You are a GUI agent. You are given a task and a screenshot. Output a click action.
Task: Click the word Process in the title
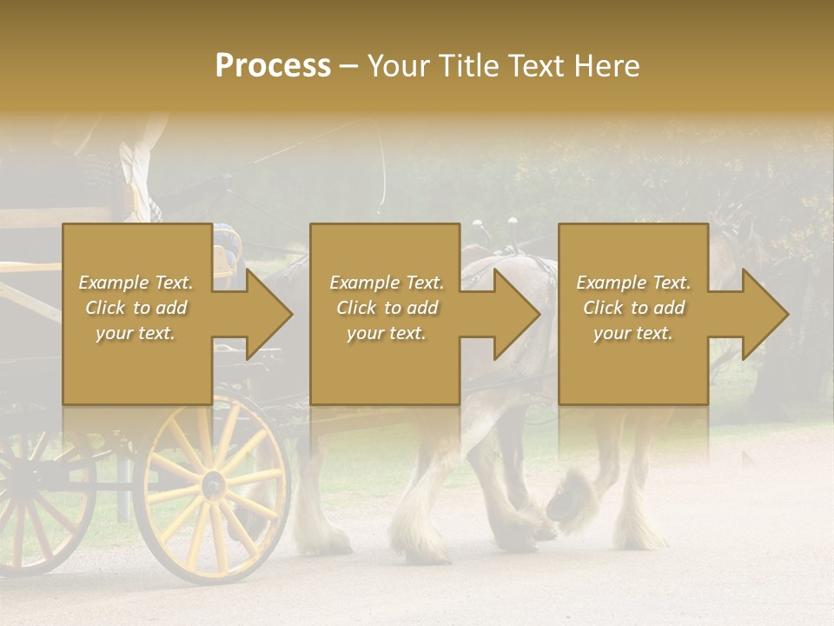[273, 66]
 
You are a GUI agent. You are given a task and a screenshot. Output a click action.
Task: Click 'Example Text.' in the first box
[136, 283]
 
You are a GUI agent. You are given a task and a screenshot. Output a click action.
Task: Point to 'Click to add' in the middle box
[387, 308]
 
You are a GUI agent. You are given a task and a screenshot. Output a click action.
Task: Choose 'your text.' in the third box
[632, 333]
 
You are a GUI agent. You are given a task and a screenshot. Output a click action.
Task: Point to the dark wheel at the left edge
[35, 504]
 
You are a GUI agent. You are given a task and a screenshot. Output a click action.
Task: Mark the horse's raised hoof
[569, 500]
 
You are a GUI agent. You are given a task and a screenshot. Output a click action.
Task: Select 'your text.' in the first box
[136, 333]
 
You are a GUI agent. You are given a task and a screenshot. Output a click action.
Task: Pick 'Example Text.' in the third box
[632, 283]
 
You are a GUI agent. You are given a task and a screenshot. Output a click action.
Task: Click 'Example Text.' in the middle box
[387, 283]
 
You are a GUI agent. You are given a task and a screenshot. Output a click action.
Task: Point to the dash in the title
[349, 66]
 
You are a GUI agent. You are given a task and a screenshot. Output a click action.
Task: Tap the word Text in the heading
[533, 66]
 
